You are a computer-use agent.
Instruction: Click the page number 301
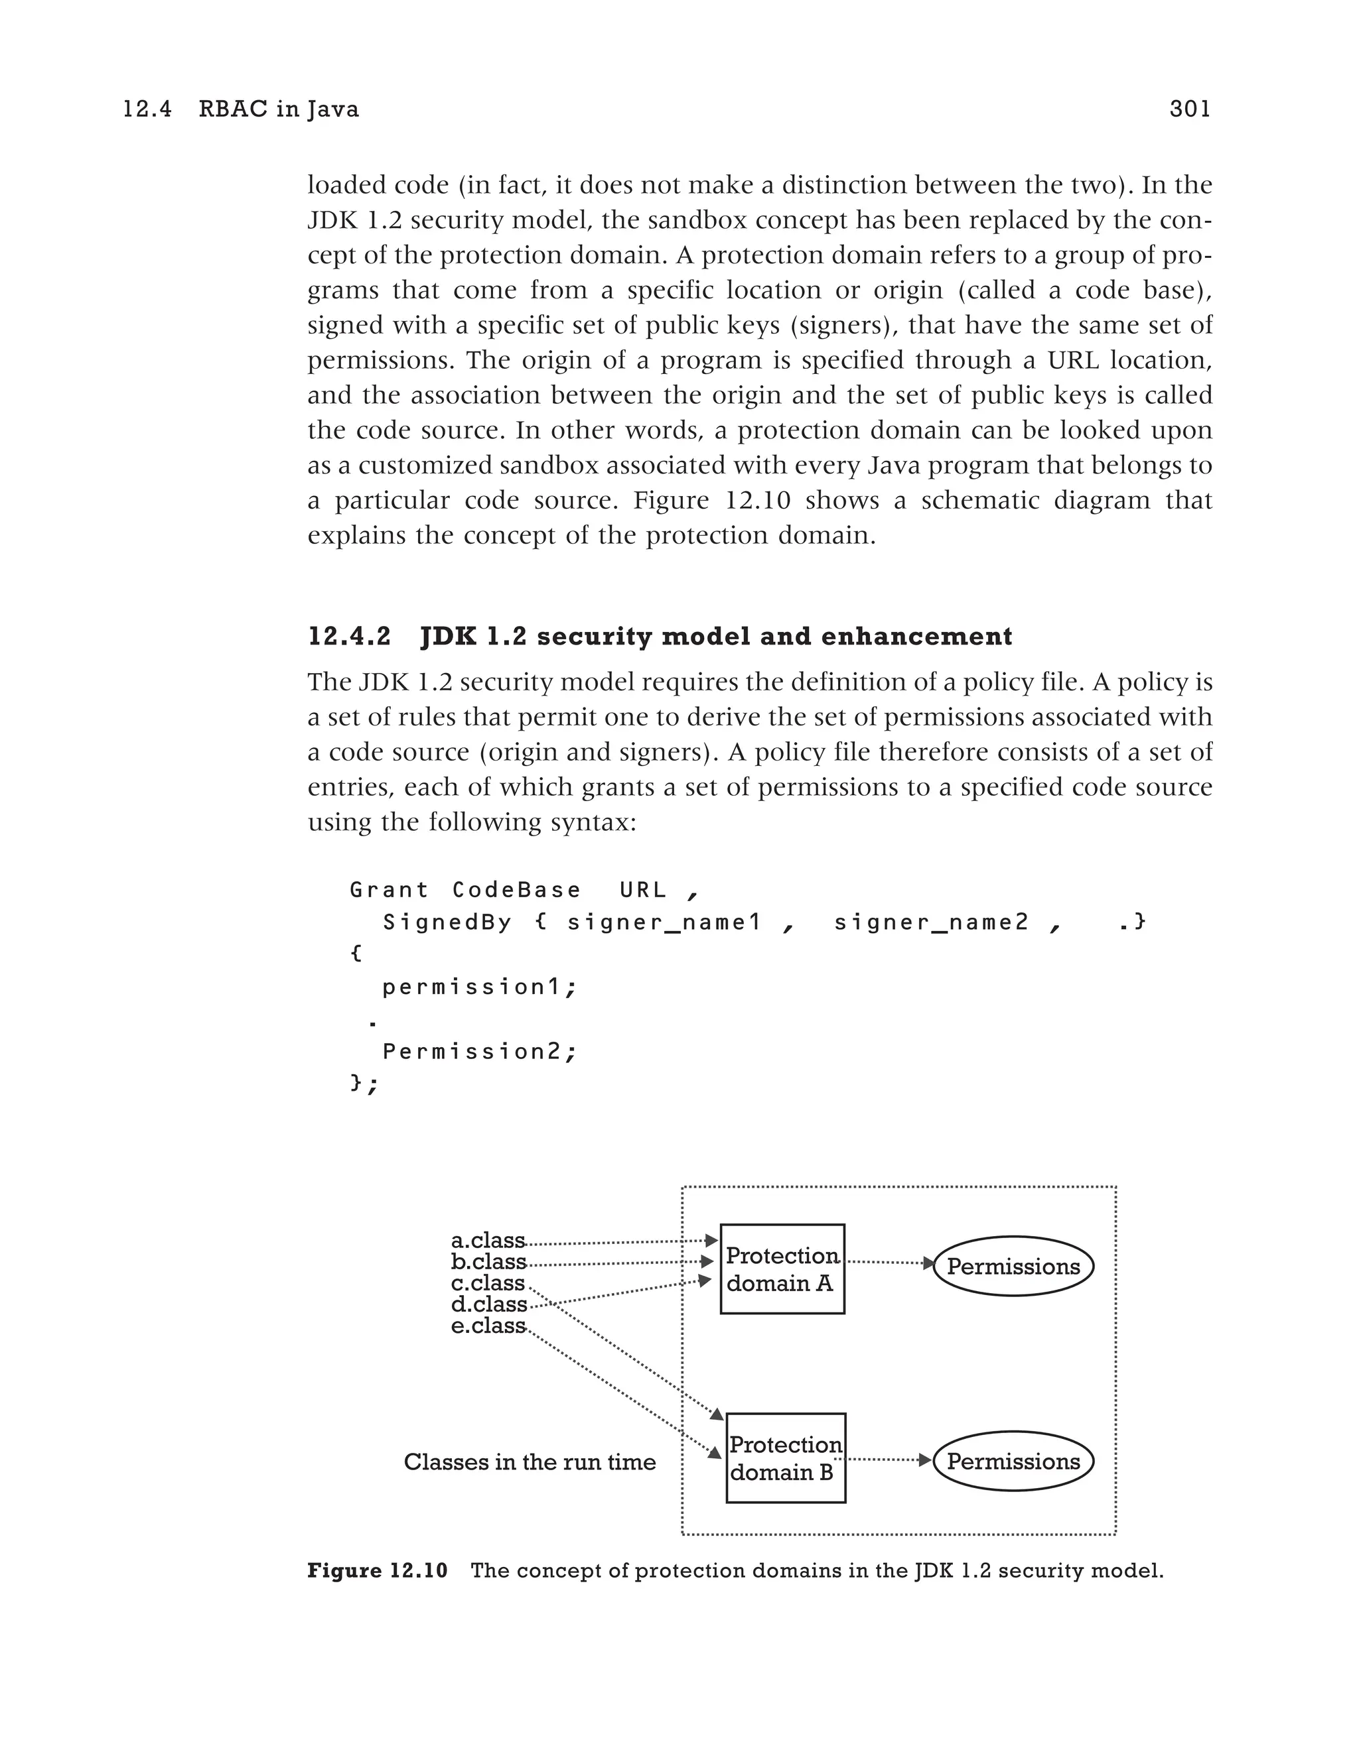(x=1189, y=109)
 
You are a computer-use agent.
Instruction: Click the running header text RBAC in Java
(x=278, y=109)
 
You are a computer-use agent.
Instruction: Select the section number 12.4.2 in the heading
(x=350, y=637)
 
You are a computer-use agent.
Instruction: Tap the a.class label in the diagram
(x=488, y=1241)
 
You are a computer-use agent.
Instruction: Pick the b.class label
(x=488, y=1263)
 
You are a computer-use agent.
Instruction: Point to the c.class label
(x=488, y=1283)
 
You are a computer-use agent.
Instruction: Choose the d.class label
(x=488, y=1305)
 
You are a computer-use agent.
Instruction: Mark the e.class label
(x=488, y=1326)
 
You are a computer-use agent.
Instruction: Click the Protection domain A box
(x=782, y=1269)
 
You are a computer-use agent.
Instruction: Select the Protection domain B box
(x=786, y=1458)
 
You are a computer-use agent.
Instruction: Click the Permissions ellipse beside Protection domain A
(x=1013, y=1267)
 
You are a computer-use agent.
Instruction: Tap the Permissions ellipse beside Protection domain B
(x=1013, y=1462)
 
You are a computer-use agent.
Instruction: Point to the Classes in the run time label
(x=530, y=1462)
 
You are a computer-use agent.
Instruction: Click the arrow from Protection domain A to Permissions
(x=889, y=1263)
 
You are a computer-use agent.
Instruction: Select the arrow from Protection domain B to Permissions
(x=888, y=1460)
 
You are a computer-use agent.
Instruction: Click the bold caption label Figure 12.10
(x=378, y=1571)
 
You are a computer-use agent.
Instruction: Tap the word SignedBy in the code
(x=447, y=922)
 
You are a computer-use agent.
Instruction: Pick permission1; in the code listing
(x=479, y=987)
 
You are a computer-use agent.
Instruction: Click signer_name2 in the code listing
(x=931, y=922)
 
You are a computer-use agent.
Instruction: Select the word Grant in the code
(x=389, y=890)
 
